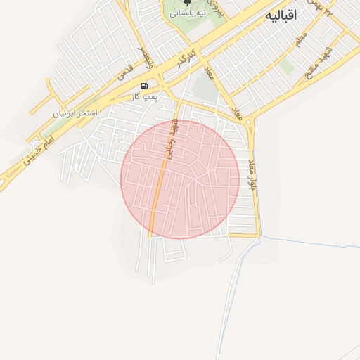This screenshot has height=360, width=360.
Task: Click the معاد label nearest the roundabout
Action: tap(237, 113)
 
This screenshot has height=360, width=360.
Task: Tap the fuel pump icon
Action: tap(144, 86)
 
